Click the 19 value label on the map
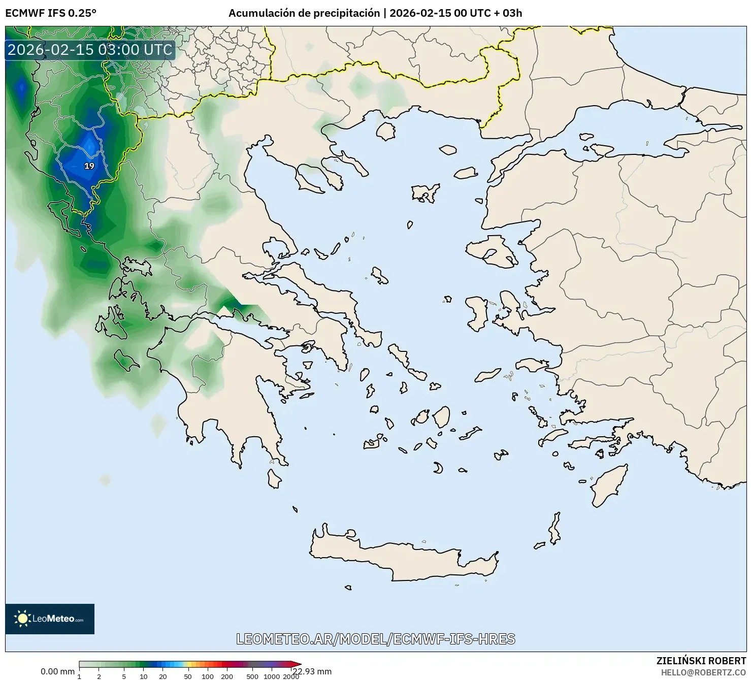(x=89, y=166)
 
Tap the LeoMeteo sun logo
(x=22, y=618)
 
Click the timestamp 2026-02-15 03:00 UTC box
(x=90, y=50)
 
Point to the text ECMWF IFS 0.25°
(x=50, y=13)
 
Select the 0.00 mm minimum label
(x=57, y=671)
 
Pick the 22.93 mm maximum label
(x=312, y=671)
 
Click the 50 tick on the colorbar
(x=187, y=676)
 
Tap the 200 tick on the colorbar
(x=227, y=676)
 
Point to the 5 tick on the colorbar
(x=124, y=676)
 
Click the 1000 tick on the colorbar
(x=272, y=676)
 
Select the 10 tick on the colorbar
(x=144, y=676)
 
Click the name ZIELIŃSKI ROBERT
(x=701, y=661)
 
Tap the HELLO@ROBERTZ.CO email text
(x=703, y=672)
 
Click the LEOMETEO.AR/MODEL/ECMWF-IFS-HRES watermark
(x=376, y=639)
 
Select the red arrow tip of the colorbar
(x=298, y=664)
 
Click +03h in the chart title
(x=508, y=13)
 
